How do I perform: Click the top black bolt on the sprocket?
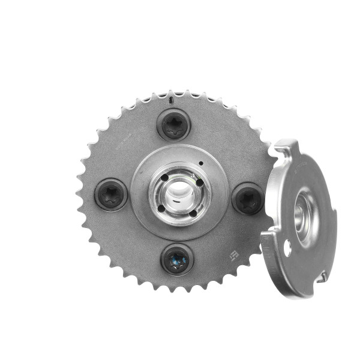(174, 125)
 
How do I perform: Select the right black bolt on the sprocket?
(247, 199)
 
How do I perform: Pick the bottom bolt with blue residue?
(177, 259)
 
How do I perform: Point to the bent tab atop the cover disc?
(287, 147)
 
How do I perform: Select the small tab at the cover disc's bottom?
(322, 277)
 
